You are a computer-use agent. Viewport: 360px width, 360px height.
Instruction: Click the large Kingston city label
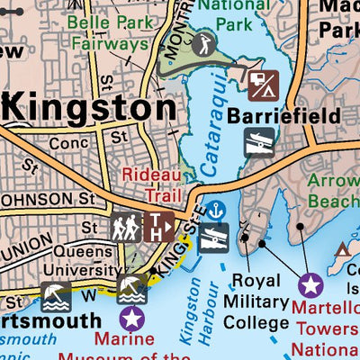coord(90,108)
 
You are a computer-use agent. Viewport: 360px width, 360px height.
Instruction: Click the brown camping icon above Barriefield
coord(265,86)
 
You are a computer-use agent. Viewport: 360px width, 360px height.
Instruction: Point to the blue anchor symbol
coord(214,210)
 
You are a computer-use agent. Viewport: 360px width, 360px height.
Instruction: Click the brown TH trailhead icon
coord(160,227)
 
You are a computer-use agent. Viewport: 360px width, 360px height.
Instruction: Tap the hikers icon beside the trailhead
coord(125,227)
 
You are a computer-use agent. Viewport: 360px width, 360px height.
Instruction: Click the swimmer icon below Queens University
coord(132,289)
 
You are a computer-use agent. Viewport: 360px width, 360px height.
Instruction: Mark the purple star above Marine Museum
coord(131,318)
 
